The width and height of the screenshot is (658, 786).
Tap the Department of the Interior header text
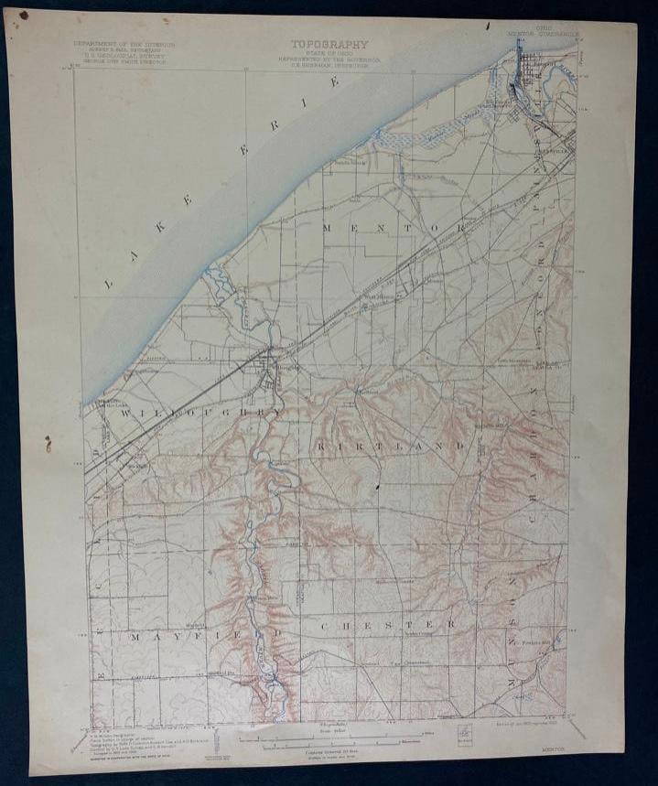[126, 43]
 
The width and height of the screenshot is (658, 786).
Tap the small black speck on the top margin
[489, 25]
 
